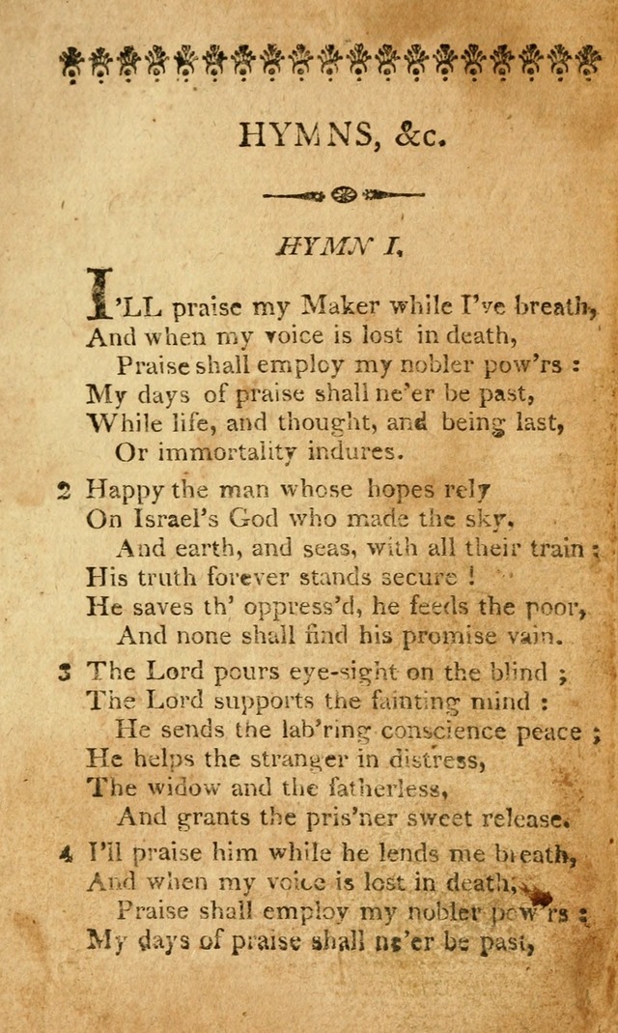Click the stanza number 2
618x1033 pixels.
[64, 491]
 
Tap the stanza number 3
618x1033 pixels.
[64, 672]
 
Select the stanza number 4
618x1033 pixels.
[64, 853]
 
